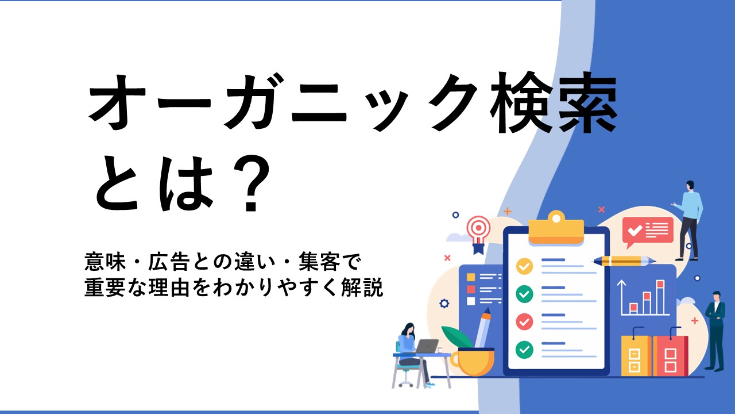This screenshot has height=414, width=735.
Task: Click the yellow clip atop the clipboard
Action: (556, 228)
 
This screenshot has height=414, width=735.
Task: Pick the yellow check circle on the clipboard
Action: (524, 266)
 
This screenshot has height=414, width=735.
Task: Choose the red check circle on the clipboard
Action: (524, 321)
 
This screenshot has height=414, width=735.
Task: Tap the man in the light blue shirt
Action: (689, 220)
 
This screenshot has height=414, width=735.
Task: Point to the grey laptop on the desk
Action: (426, 346)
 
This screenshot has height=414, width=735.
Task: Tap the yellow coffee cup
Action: (473, 362)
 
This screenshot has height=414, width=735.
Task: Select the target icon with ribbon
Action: (479, 234)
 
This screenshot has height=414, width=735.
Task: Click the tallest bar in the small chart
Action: (660, 297)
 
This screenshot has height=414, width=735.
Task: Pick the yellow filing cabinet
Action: (636, 355)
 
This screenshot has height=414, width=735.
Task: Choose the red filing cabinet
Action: (670, 355)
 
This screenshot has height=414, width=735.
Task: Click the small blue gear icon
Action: (444, 303)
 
